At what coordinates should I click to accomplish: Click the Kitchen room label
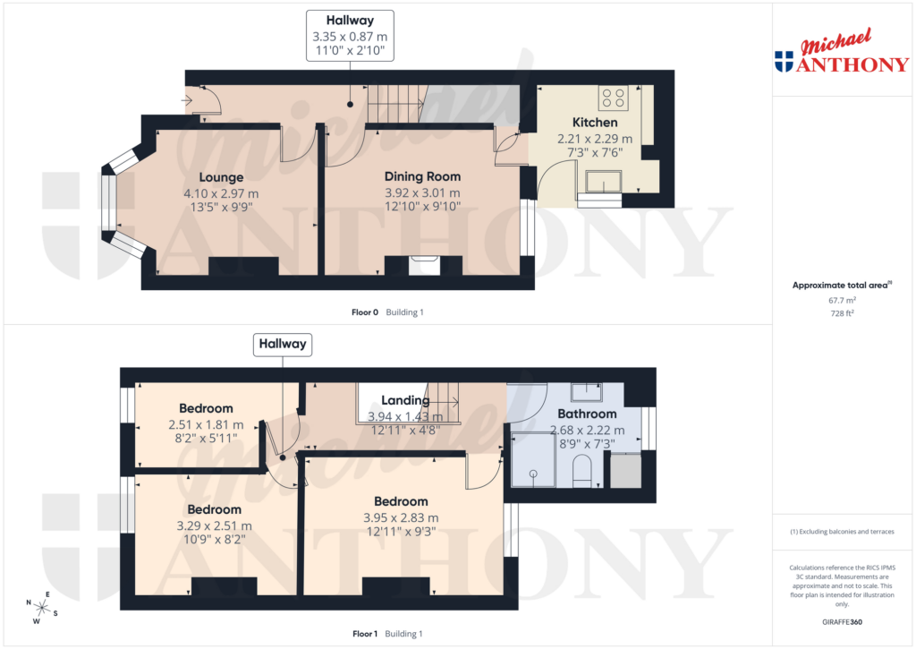tap(595, 123)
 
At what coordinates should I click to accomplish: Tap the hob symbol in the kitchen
tap(613, 97)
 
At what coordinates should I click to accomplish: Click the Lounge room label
tap(221, 177)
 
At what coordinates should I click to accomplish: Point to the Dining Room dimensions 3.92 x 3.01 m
tap(422, 192)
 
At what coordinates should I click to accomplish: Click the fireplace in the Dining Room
tap(423, 265)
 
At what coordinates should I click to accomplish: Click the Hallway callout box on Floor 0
tap(350, 28)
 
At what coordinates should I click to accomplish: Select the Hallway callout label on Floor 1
tap(283, 344)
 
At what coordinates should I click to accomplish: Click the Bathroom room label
tap(587, 414)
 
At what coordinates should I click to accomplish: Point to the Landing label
tap(405, 401)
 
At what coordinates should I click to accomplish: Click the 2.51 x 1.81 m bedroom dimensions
tap(206, 425)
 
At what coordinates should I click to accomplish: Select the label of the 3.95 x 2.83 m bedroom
tap(401, 501)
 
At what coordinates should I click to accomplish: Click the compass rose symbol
tap(42, 606)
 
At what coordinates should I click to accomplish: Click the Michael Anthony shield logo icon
tap(784, 62)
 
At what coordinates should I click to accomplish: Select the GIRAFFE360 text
tap(842, 622)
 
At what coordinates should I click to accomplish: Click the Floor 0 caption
tap(365, 312)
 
